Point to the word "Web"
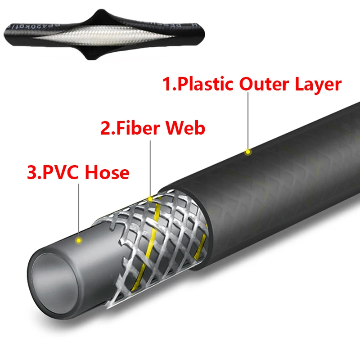187,128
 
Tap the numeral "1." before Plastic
170,84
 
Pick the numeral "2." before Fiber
106,128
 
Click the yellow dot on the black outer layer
247,152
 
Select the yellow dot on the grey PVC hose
78,240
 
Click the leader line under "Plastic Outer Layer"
247,121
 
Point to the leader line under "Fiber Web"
150,166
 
